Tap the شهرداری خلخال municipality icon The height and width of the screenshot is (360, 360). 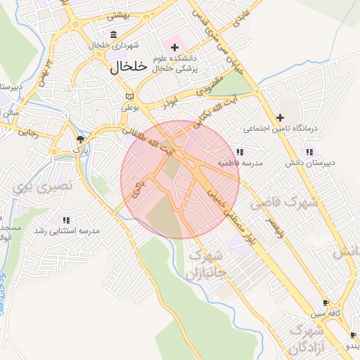[x=114, y=34]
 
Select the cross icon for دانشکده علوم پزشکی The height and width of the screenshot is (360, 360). [x=174, y=47]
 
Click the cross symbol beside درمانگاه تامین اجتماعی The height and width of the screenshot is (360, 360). [x=281, y=117]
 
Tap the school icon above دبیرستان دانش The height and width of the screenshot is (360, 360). [x=309, y=152]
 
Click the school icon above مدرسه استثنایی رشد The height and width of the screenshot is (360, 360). [x=66, y=220]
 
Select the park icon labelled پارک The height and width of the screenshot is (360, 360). [x=81, y=139]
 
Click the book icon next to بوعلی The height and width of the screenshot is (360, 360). [x=127, y=97]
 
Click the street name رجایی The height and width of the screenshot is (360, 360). [x=27, y=131]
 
